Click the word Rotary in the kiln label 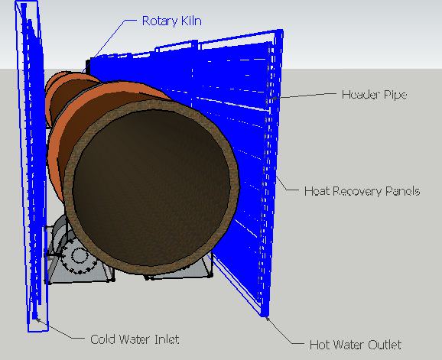pyautogui.click(x=158, y=21)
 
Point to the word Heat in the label pyautogui.click(x=314, y=191)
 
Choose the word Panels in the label pyautogui.click(x=402, y=191)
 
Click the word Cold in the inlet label pyautogui.click(x=102, y=339)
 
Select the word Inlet pyautogui.click(x=167, y=339)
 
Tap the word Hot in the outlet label pyautogui.click(x=319, y=345)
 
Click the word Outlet pyautogui.click(x=385, y=345)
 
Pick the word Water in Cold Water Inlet pyautogui.click(x=134, y=339)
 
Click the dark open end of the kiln pyautogui.click(x=151, y=185)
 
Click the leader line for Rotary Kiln pyautogui.click(x=109, y=45)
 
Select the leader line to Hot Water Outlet pyautogui.click(x=284, y=331)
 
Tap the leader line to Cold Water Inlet pyautogui.click(x=60, y=329)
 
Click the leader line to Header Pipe pyautogui.click(x=304, y=96)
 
